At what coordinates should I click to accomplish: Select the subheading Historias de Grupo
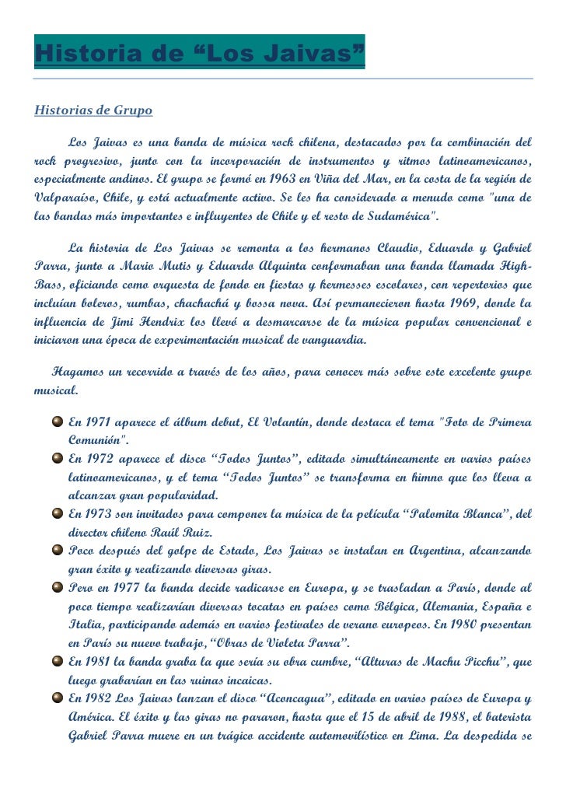[x=93, y=110]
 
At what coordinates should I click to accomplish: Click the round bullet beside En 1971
[x=58, y=422]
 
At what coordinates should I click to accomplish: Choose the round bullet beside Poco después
[x=58, y=550]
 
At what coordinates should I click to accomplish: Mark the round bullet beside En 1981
[x=58, y=660]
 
